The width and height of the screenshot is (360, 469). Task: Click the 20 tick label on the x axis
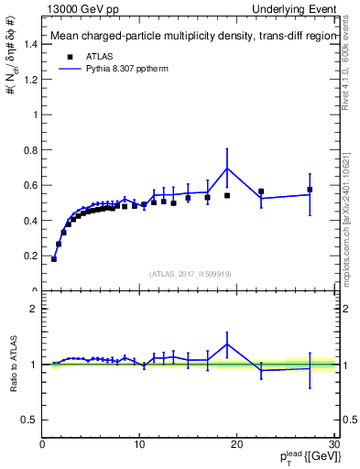(x=237, y=446)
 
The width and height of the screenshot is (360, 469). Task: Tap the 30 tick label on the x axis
(x=333, y=446)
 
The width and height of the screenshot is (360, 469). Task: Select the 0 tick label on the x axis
(x=43, y=446)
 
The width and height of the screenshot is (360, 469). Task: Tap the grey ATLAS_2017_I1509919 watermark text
(x=190, y=273)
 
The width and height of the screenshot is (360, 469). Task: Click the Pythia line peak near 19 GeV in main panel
(x=227, y=168)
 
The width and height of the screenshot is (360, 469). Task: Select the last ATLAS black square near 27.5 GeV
(x=310, y=190)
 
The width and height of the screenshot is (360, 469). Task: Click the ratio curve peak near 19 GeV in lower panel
(x=227, y=344)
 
